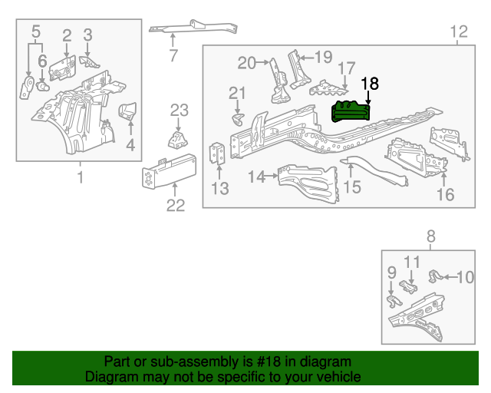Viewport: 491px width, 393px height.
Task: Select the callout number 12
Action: (458, 31)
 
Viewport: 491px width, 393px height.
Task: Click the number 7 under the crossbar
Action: (173, 55)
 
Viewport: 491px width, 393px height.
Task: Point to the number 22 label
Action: (176, 204)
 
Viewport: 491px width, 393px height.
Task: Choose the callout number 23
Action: (179, 110)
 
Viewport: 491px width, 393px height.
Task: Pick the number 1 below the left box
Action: (79, 179)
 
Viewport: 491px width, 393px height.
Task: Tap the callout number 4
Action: (130, 144)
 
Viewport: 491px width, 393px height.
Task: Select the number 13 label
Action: (220, 189)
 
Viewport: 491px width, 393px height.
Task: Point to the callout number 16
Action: (446, 194)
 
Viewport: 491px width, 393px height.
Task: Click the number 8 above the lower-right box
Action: (430, 236)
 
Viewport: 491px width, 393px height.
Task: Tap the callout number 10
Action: (466, 276)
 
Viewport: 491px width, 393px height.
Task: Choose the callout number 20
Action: (245, 62)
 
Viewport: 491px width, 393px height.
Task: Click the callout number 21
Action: (238, 94)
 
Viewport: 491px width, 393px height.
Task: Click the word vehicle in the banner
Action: (337, 377)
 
